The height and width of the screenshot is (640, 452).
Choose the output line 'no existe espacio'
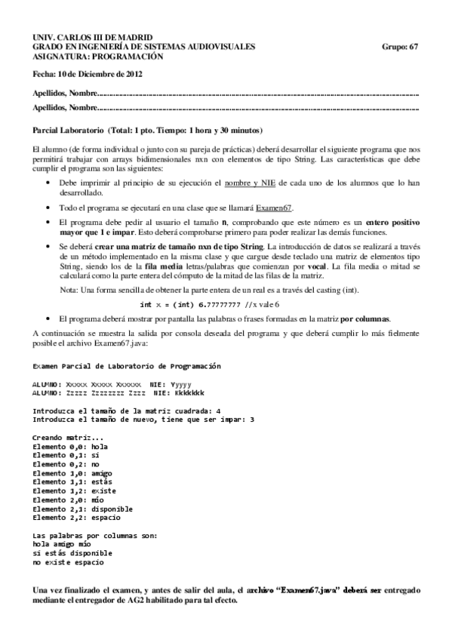[68, 562]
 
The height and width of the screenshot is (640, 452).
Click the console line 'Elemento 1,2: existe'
[74, 491]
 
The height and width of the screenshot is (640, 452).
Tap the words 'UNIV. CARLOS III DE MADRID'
[92, 38]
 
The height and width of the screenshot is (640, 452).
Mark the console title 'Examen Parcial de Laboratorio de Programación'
[126, 366]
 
